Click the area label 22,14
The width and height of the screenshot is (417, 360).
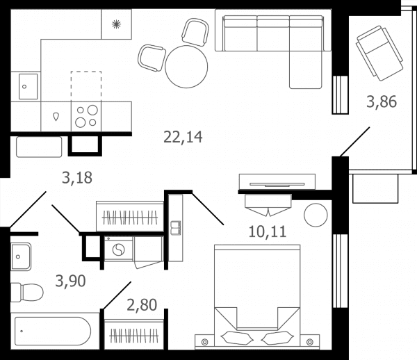183,137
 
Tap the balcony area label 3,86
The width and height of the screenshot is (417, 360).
382,102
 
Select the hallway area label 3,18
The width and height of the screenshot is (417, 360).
77,178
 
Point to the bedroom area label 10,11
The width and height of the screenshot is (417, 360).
268,231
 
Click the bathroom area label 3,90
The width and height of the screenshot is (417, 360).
70,281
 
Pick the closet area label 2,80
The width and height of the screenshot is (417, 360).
142,305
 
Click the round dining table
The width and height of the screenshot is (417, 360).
186,67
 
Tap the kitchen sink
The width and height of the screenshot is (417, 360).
28,86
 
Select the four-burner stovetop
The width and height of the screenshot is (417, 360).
86,117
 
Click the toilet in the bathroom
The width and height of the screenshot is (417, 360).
26,293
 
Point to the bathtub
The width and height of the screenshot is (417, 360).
53,331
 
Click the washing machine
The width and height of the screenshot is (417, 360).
118,249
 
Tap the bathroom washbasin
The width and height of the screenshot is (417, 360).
21,256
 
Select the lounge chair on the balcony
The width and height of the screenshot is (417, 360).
379,53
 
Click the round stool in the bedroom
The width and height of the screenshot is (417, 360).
316,215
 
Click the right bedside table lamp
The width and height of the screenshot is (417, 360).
309,342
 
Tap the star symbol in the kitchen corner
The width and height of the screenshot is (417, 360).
116,24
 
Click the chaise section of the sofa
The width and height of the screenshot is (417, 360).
306,69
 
